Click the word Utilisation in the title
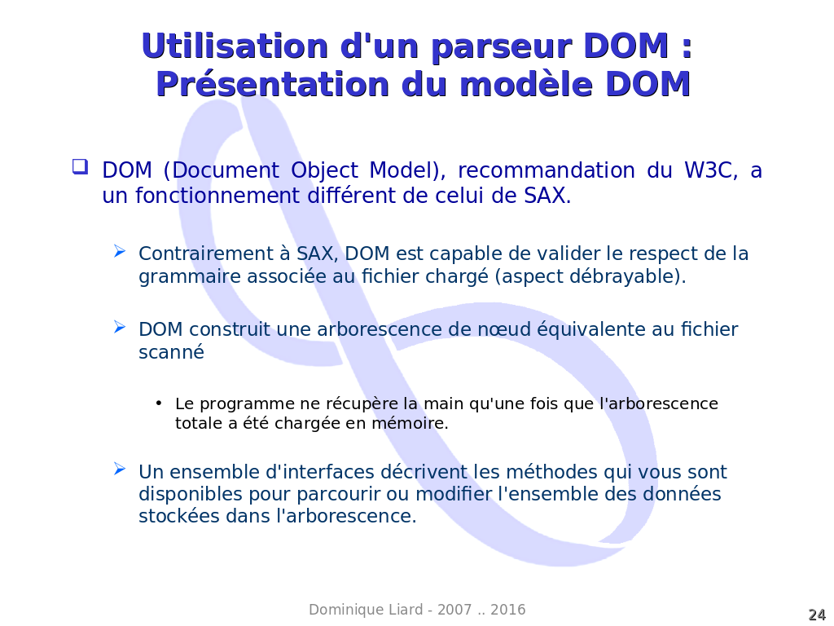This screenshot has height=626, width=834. click(235, 46)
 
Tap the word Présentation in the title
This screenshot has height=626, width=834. click(272, 85)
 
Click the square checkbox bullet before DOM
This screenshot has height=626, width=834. click(81, 166)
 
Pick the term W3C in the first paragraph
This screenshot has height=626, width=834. click(710, 170)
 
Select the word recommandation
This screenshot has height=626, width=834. click(546, 170)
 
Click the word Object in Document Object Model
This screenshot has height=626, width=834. click(324, 171)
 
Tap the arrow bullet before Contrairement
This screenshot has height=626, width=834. click(120, 251)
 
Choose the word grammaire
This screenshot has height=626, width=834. click(190, 277)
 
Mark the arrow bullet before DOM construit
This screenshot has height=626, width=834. click(120, 327)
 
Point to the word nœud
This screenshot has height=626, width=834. click(504, 329)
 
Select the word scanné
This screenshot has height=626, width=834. click(171, 352)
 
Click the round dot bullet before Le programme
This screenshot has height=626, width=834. click(159, 403)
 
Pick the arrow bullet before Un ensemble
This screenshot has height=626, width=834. click(120, 469)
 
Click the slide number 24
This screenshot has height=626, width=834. click(817, 615)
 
